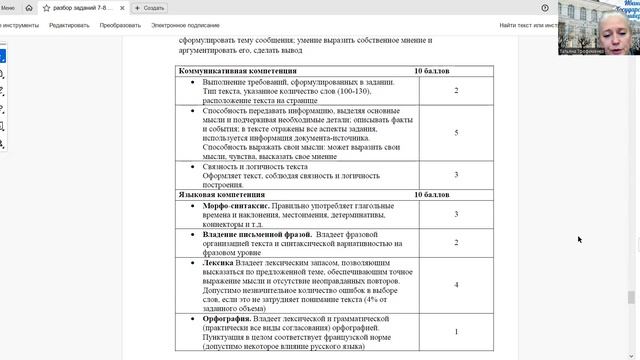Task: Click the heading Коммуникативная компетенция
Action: point(237,72)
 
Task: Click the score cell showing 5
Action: point(456,132)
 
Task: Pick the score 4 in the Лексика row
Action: point(456,284)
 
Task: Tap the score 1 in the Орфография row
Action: point(456,331)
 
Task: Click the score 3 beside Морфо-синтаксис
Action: point(456,214)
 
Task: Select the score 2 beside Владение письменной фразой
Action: point(456,242)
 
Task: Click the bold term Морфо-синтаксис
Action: point(236,205)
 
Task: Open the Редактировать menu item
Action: point(69,24)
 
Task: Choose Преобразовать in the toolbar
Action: point(120,24)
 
